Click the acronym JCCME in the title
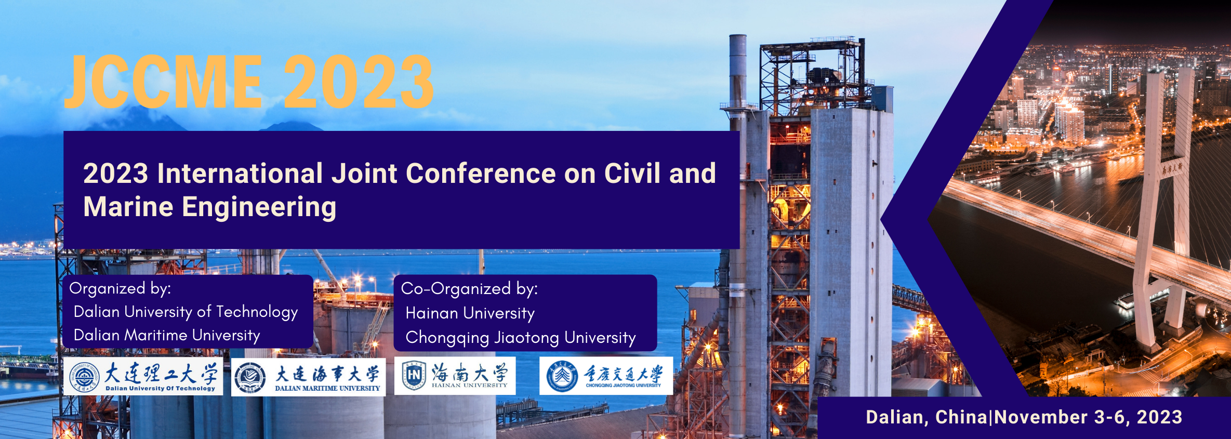click(x=163, y=82)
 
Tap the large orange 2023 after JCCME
click(x=359, y=82)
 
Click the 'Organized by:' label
click(x=120, y=288)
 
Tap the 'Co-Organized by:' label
click(x=469, y=289)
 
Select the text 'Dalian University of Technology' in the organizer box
click(x=186, y=312)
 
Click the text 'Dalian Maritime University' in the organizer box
click(x=167, y=335)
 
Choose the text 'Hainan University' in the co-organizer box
click(x=470, y=313)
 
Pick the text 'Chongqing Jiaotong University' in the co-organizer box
click(x=521, y=338)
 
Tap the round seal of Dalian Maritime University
click(x=250, y=377)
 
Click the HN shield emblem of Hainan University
click(x=414, y=375)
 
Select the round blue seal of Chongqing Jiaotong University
click(x=562, y=376)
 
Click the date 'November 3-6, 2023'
click(x=1088, y=417)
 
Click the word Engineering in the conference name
click(x=259, y=207)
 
